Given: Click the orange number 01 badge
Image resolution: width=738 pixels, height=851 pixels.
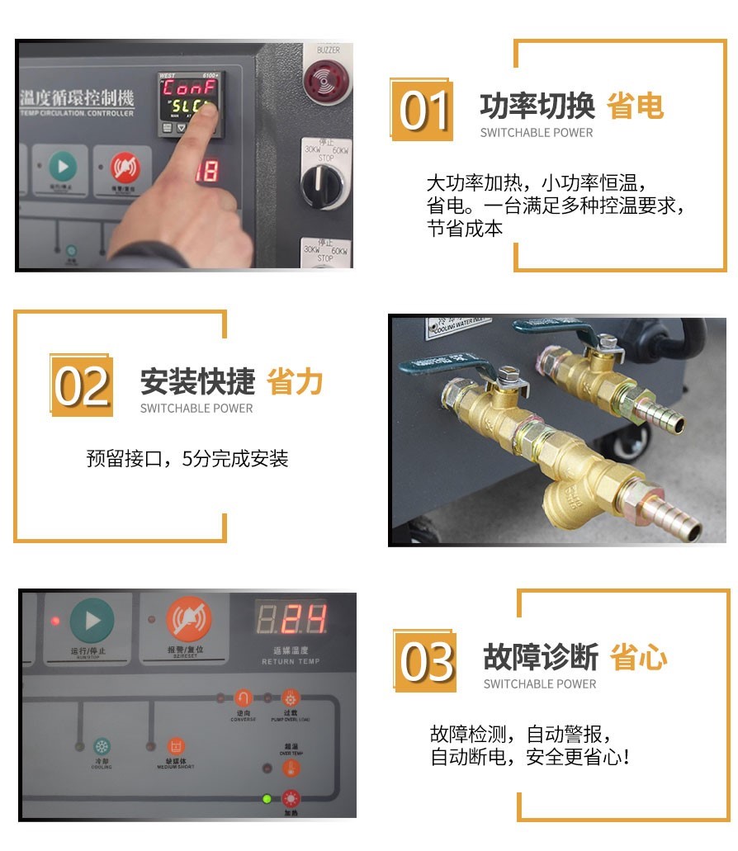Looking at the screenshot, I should [x=422, y=110].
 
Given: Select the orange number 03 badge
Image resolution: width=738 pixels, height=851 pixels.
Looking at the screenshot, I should [x=425, y=661].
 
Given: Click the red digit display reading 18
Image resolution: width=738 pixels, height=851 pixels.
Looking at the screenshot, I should [x=207, y=172].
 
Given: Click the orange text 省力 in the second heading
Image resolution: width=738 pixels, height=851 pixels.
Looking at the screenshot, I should [x=295, y=382].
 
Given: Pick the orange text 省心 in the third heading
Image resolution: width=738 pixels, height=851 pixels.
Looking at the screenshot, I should [x=638, y=658].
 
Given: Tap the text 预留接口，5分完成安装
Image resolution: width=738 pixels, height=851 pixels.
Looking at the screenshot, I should [x=187, y=459].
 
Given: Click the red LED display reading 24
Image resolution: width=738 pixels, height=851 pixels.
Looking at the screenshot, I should [x=291, y=619].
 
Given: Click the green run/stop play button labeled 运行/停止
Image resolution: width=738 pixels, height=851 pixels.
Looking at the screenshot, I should [x=92, y=621].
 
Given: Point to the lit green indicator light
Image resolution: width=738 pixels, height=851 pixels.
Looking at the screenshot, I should [x=267, y=798].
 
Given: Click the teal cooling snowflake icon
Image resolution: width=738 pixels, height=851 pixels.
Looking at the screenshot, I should [x=102, y=746].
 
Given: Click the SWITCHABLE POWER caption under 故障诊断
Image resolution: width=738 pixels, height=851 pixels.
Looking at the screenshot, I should [x=540, y=683].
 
